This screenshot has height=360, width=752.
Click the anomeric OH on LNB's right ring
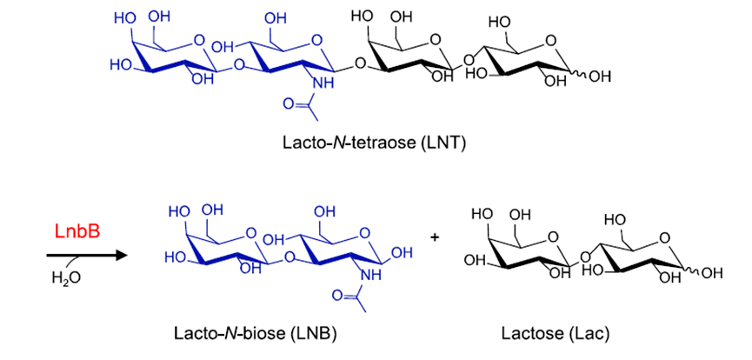coord(403,253)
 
